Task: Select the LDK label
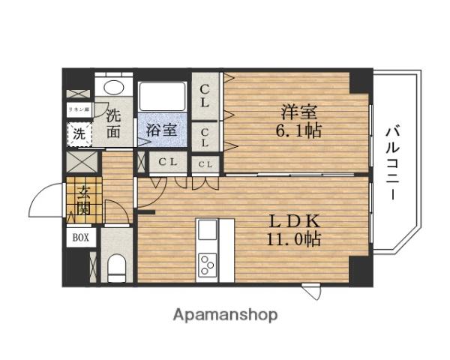[294, 222]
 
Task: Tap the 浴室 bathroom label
[162, 129]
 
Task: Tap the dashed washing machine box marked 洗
[78, 135]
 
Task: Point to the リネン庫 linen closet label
[78, 109]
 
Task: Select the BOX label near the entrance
[80, 238]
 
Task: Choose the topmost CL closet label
[205, 96]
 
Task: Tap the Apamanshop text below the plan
[226, 315]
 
